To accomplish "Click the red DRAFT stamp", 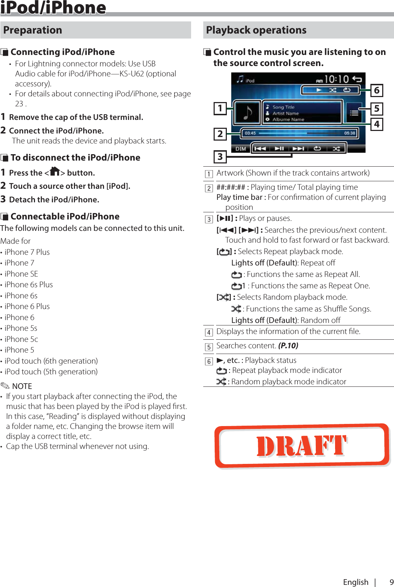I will [x=302, y=446].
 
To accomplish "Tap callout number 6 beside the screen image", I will [x=376, y=90].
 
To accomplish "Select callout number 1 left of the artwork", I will [x=220, y=108].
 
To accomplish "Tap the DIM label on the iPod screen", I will [x=241, y=148].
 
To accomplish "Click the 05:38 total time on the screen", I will [x=349, y=133].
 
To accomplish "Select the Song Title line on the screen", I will [x=283, y=107].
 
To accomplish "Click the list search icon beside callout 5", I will [x=354, y=113].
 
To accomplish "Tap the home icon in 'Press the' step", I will [x=55, y=172].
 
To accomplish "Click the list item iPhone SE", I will [x=21, y=274].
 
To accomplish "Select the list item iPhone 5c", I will [x=21, y=339].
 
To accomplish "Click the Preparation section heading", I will [x=33, y=30].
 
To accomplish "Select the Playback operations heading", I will [x=256, y=30].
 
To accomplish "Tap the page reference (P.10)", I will [x=288, y=346].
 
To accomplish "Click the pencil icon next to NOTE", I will [x=5, y=386].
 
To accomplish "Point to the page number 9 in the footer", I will [x=391, y=582].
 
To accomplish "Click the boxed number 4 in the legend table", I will [x=209, y=333].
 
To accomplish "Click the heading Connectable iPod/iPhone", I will [x=65, y=217].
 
